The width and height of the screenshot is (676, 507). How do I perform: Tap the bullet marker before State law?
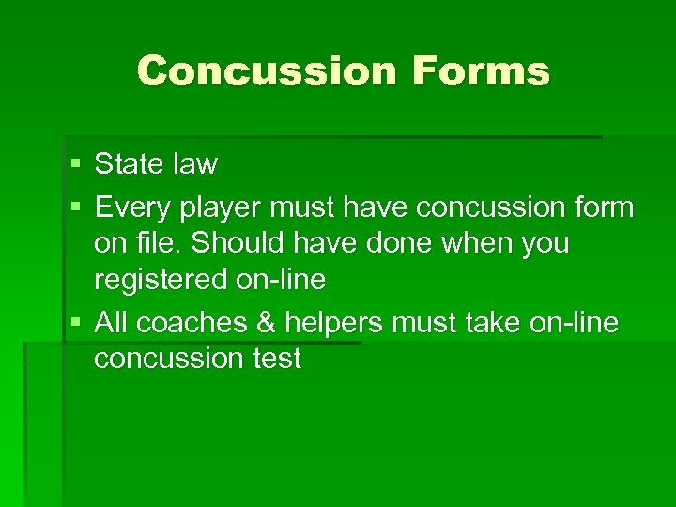tap(75, 165)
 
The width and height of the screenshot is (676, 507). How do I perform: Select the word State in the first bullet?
tap(129, 165)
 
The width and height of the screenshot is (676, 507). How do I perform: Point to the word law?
tap(193, 165)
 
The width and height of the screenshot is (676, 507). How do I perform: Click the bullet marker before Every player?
tap(75, 206)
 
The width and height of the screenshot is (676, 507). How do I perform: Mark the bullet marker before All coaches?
tap(75, 323)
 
